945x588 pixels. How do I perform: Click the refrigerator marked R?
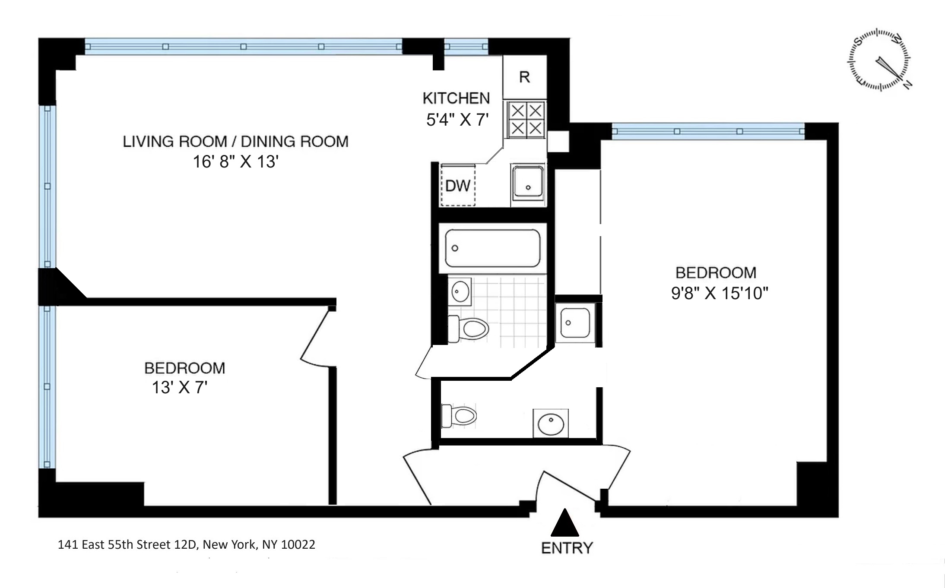point(524,77)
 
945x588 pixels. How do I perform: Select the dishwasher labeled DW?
point(457,186)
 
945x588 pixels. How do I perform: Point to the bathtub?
point(492,248)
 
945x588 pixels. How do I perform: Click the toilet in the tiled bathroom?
point(470,329)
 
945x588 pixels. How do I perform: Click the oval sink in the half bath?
point(550,423)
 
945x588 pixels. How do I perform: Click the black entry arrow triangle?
point(564,524)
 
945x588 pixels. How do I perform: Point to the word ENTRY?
point(567,548)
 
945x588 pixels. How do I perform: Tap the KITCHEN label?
point(456,98)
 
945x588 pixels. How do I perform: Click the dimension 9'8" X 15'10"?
point(719,294)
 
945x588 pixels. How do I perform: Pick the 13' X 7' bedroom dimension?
point(180,388)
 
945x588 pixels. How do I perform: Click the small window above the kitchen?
point(466,47)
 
